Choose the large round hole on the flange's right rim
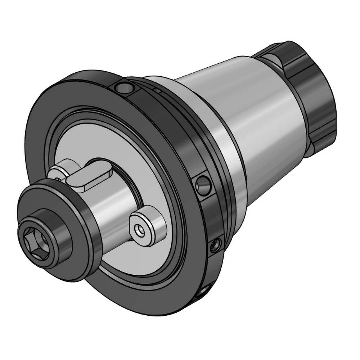click(204, 186)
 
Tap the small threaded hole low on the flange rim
click(215, 246)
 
